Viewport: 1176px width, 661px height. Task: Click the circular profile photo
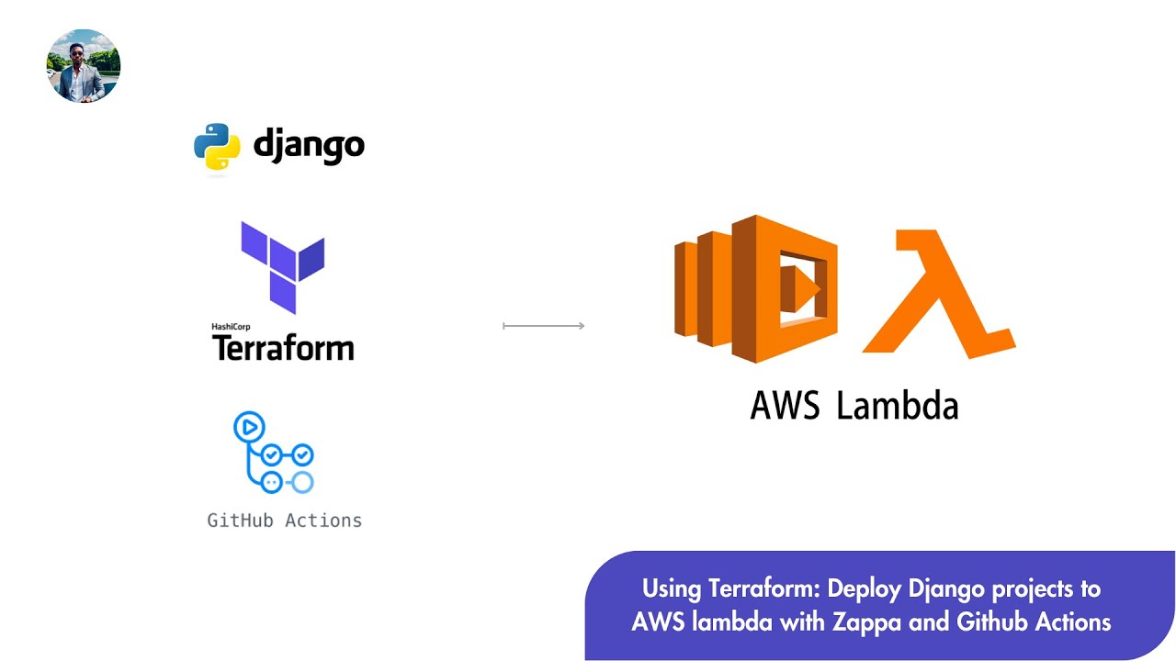[84, 65]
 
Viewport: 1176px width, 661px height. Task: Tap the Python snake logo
[217, 146]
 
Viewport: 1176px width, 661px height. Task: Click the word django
[309, 145]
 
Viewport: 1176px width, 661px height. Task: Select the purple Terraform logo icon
[283, 266]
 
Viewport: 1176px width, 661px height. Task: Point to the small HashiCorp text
[231, 326]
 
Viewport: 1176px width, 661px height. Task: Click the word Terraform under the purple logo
[283, 348]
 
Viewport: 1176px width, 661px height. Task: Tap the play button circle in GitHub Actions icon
[249, 427]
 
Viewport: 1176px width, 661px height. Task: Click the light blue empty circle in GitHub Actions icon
[302, 482]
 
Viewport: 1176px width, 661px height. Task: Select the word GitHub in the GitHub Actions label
[240, 521]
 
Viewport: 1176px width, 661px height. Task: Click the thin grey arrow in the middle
[544, 326]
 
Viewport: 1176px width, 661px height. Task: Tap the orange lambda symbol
[937, 294]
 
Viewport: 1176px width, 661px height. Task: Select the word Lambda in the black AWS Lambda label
[898, 405]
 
